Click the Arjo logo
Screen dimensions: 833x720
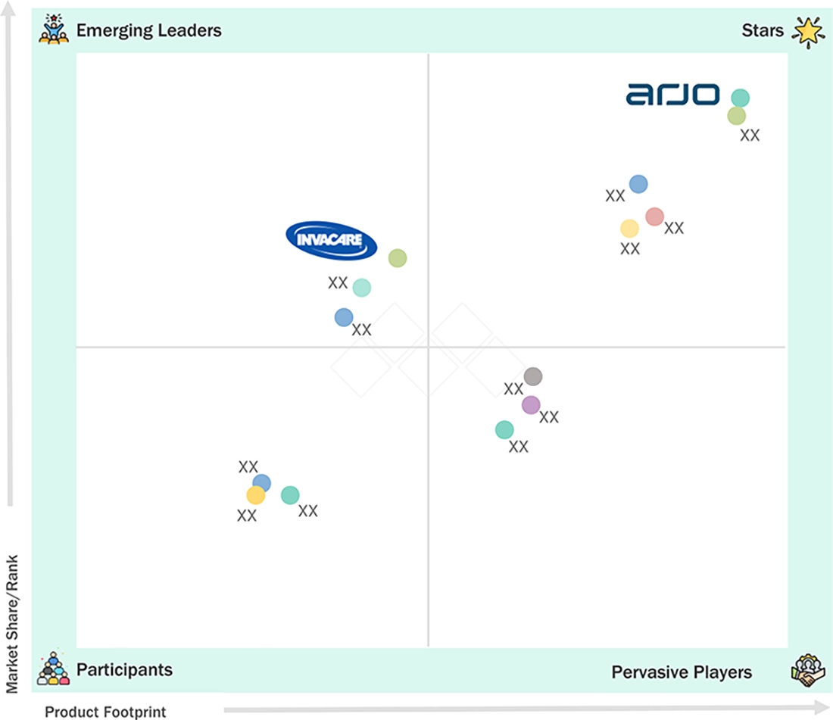pyautogui.click(x=672, y=95)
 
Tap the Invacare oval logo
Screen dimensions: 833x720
pyautogui.click(x=332, y=241)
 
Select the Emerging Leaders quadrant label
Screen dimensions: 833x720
pyautogui.click(x=148, y=30)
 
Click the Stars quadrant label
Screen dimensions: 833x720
pyautogui.click(x=763, y=30)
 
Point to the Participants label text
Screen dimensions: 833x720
pyautogui.click(x=124, y=669)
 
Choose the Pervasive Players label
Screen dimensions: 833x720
pyautogui.click(x=682, y=672)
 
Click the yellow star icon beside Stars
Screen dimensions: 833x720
pyautogui.click(x=809, y=32)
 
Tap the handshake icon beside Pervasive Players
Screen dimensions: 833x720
pyautogui.click(x=807, y=670)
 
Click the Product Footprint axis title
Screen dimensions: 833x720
pyautogui.click(x=105, y=712)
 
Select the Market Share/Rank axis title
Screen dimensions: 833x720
pyautogui.click(x=11, y=624)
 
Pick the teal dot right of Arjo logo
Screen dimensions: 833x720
pyautogui.click(x=740, y=98)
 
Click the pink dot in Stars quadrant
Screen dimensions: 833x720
pyautogui.click(x=654, y=217)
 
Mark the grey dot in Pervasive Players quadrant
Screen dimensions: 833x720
pyautogui.click(x=533, y=376)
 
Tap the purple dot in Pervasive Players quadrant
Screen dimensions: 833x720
pyautogui.click(x=531, y=405)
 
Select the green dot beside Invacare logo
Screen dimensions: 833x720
pyautogui.click(x=398, y=258)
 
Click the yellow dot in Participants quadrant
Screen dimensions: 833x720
pyautogui.click(x=255, y=495)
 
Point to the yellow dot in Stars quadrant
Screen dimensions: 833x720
pyautogui.click(x=629, y=229)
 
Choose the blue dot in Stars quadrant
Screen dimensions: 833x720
pyautogui.click(x=638, y=184)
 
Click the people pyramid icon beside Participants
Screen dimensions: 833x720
pyautogui.click(x=53, y=669)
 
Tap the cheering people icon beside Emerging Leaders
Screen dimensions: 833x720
pyautogui.click(x=54, y=30)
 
